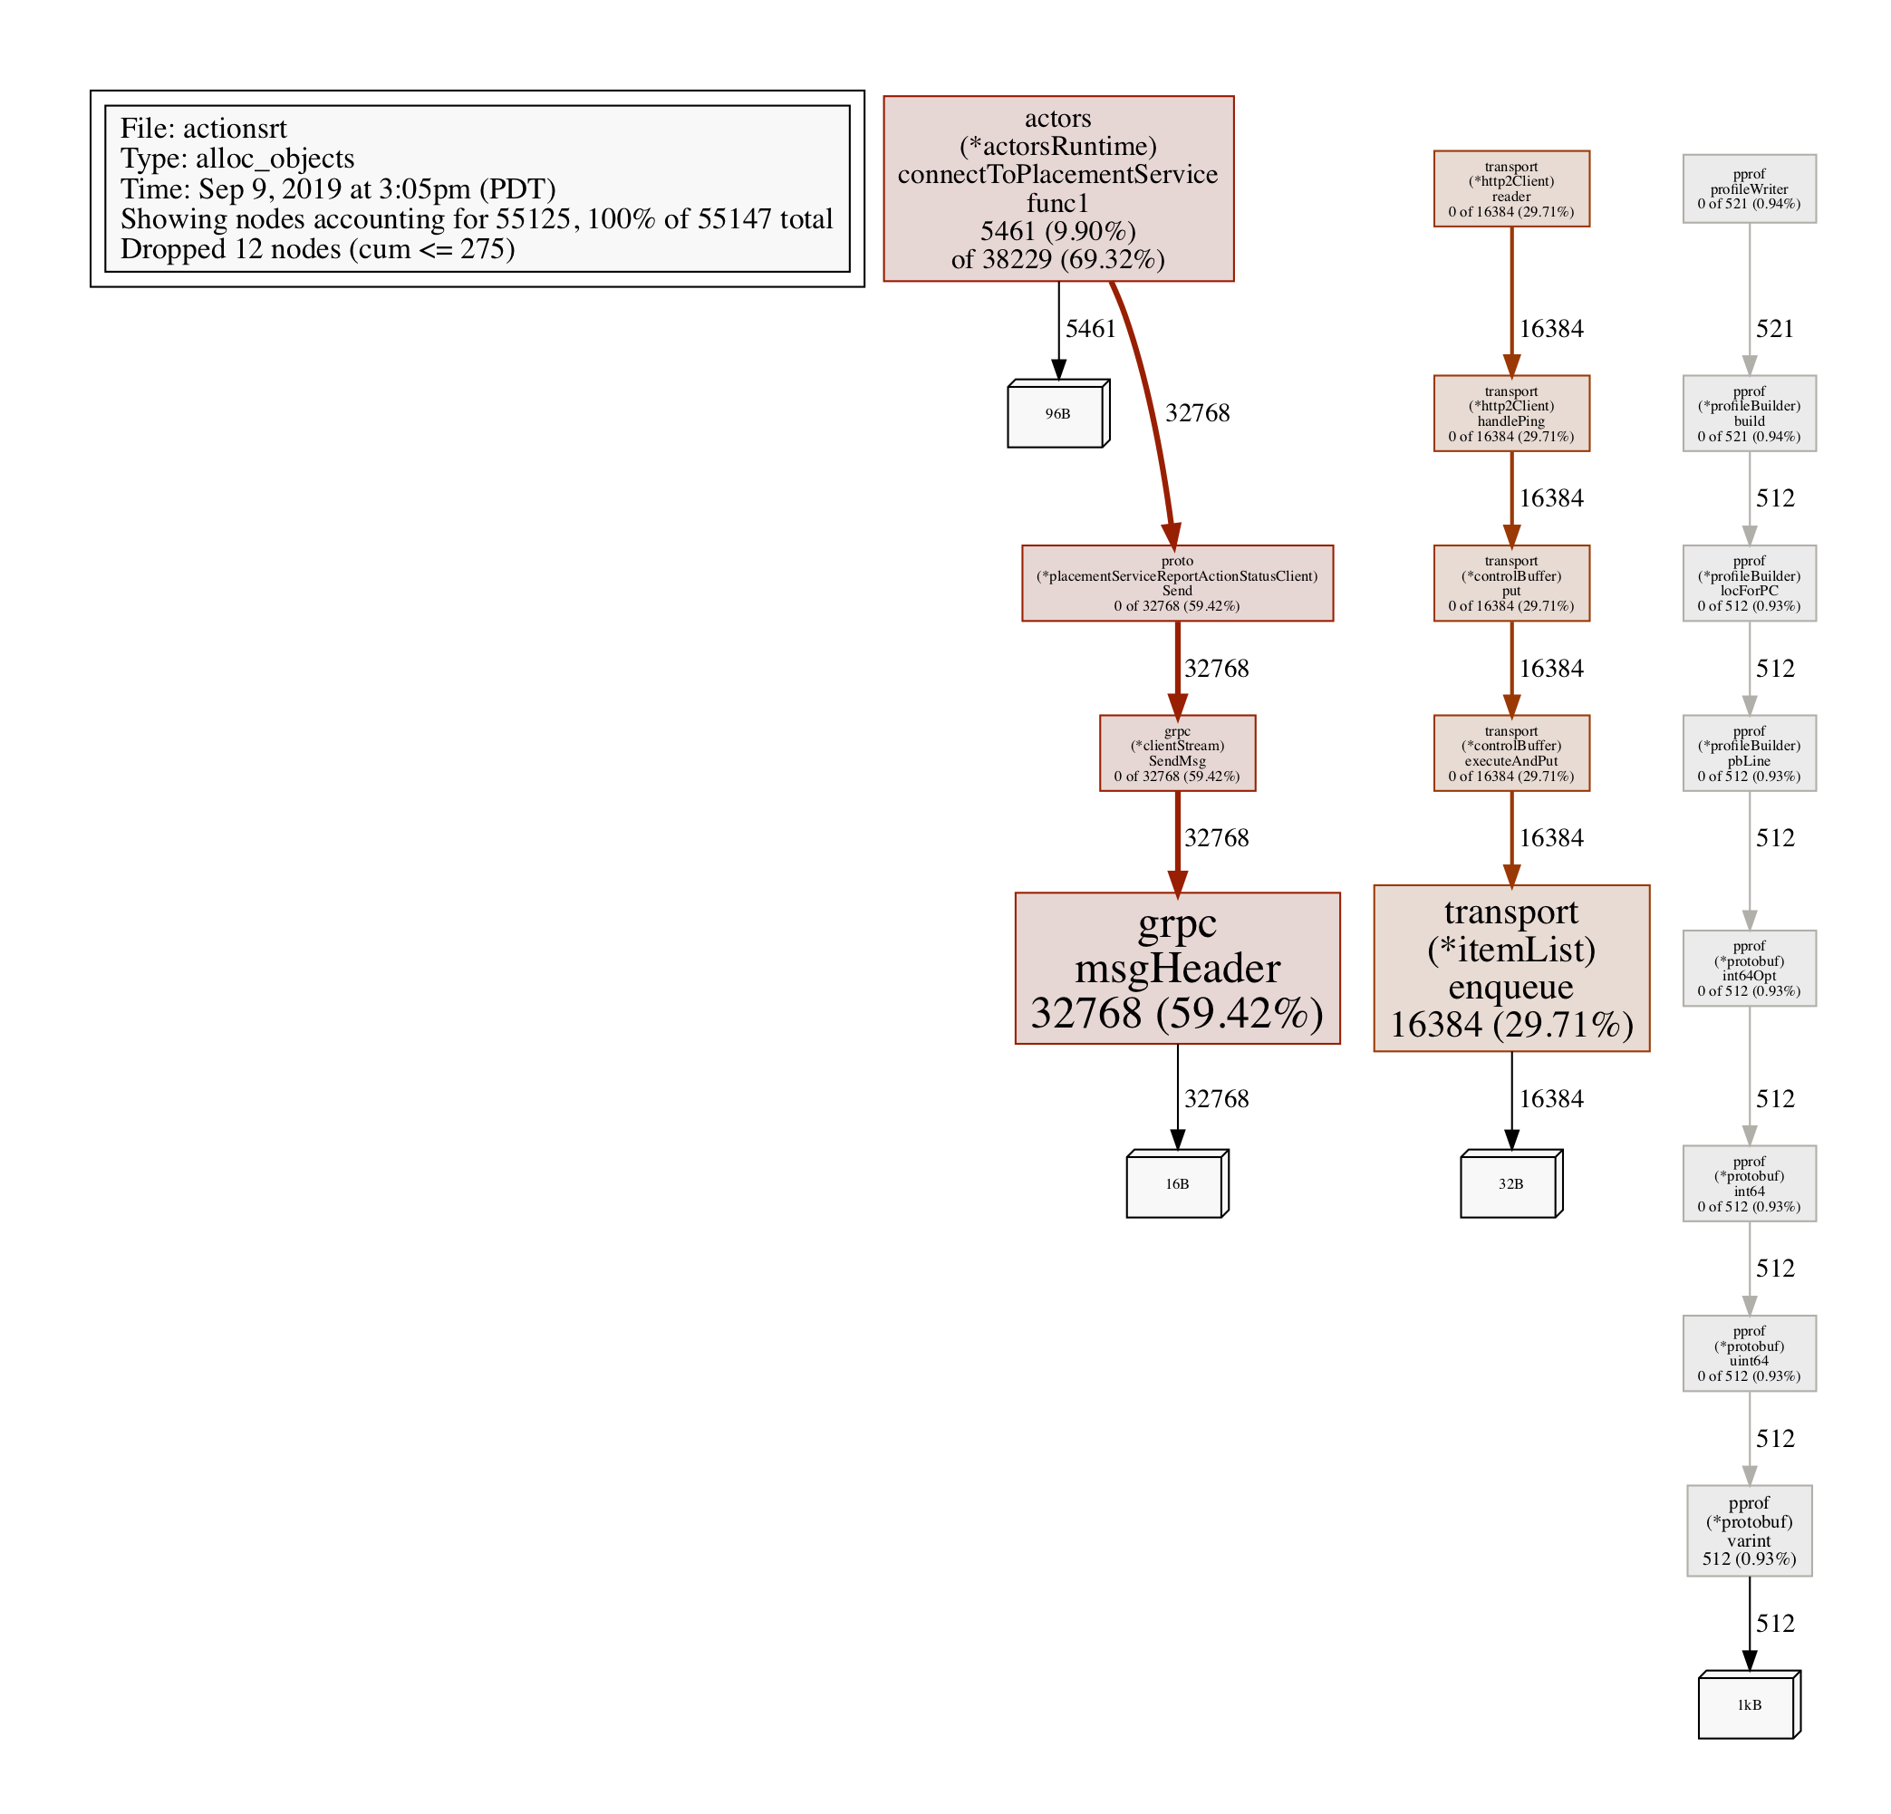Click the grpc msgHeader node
tap(1177, 968)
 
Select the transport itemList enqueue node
tap(1510, 968)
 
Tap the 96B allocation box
tap(1057, 414)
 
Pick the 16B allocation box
tap(1176, 1184)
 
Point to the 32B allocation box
tap(1510, 1184)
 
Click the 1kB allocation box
tap(1748, 1705)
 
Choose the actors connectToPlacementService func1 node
tap(1058, 188)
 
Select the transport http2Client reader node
tap(1510, 189)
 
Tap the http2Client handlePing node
tap(1510, 413)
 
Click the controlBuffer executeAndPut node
tap(1510, 753)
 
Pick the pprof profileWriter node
tap(1749, 189)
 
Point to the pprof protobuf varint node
tap(1749, 1530)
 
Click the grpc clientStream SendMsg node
tap(1177, 753)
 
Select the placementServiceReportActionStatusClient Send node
tap(1177, 583)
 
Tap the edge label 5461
tap(1090, 329)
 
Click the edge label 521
tap(1774, 329)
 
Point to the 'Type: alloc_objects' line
tap(237, 159)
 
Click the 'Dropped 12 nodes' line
tap(317, 249)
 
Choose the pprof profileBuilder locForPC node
tap(1749, 583)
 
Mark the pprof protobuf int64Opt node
tap(1749, 968)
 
